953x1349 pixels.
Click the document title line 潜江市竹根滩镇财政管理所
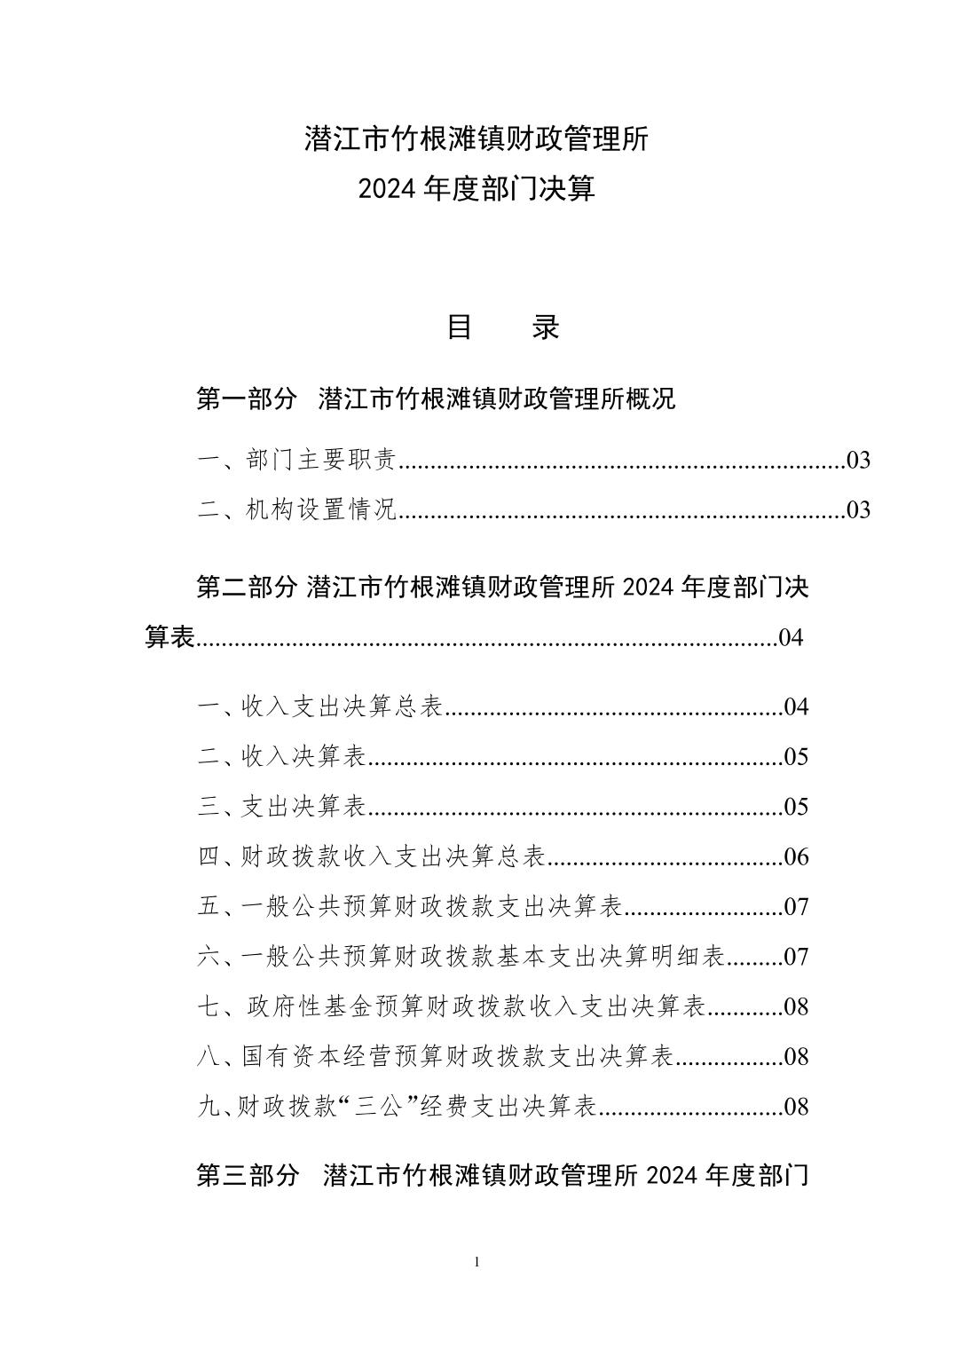coord(476,139)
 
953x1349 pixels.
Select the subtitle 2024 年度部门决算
coord(476,189)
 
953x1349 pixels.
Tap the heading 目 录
coord(502,327)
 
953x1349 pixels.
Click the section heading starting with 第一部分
coord(435,398)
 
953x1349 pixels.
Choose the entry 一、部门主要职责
coord(296,460)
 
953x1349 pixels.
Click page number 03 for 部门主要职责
coord(858,460)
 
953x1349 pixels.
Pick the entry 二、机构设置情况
coord(296,509)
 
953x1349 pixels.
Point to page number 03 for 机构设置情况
coord(858,509)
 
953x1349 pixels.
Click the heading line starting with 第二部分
coord(501,587)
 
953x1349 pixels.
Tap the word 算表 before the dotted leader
coord(169,637)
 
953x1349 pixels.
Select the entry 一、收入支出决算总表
coord(319,706)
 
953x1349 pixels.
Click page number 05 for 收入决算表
coord(796,756)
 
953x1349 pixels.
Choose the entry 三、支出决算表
coord(281,806)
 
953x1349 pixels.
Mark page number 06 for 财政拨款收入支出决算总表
coord(796,856)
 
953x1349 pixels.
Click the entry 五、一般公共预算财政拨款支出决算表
coord(409,906)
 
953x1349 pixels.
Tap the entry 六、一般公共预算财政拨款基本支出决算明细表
coord(461,956)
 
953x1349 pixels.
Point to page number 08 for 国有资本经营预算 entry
coord(796,1056)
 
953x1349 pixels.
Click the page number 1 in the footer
coord(477,1262)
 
